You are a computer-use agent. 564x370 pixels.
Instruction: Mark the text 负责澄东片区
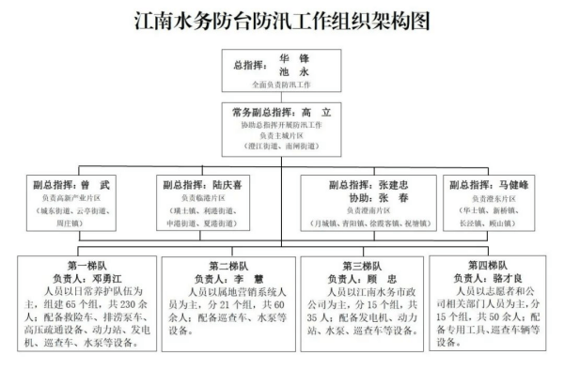[493, 199]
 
